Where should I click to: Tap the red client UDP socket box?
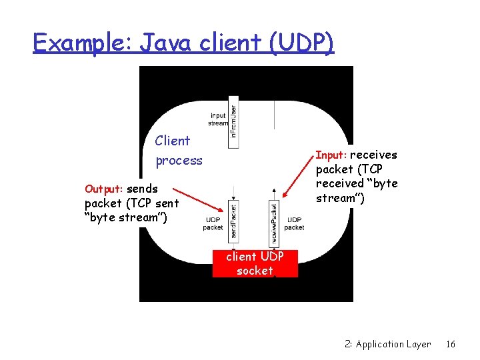click(x=255, y=263)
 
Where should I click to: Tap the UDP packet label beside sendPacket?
click(x=213, y=224)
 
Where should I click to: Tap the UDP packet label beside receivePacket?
click(x=294, y=224)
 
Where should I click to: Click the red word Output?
click(x=104, y=189)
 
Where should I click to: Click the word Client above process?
click(x=172, y=141)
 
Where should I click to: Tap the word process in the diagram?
click(x=179, y=161)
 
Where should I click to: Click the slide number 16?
click(x=451, y=344)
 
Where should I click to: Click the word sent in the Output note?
click(x=167, y=203)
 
